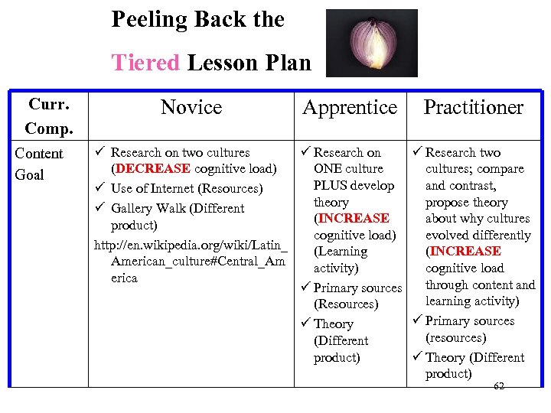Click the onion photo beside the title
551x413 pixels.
(x=372, y=43)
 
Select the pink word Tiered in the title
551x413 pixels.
(x=145, y=62)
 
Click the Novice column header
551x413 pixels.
(x=191, y=108)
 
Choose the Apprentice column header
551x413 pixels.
(x=350, y=108)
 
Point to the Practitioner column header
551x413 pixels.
(x=473, y=108)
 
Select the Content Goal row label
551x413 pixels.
(x=40, y=164)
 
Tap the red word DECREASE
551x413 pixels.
(x=151, y=169)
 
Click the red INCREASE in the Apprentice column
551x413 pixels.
(x=351, y=219)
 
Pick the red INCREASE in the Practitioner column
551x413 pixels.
(x=464, y=252)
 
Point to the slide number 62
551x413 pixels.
(x=499, y=386)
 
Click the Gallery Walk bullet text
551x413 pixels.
(x=178, y=209)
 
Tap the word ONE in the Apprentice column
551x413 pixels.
(x=328, y=169)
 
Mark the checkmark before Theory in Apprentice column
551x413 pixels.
(x=305, y=324)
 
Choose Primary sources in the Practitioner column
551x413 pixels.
(x=470, y=321)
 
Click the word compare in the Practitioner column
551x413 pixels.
(x=503, y=169)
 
